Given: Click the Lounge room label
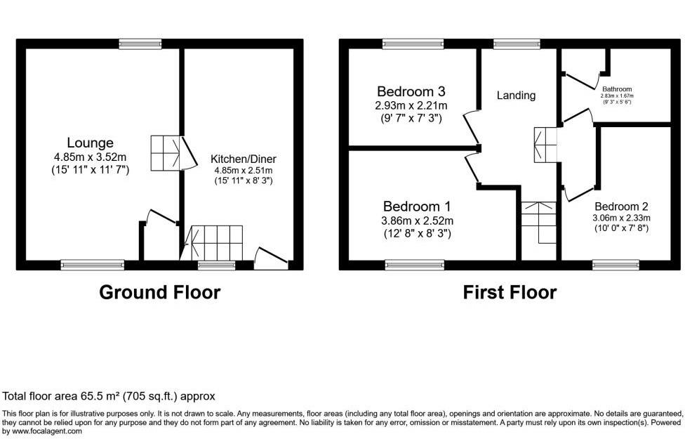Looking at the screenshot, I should [x=90, y=143].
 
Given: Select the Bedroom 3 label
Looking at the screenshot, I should [x=411, y=92].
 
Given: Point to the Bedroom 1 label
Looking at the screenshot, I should [x=417, y=207].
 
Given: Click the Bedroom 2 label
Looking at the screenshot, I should [x=621, y=207].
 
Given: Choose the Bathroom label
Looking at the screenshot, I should [x=618, y=89].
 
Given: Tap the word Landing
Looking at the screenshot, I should [x=516, y=96].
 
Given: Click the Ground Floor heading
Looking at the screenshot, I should [x=159, y=292].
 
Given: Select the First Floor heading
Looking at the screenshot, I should [x=510, y=292].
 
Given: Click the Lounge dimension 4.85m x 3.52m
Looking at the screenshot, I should [x=90, y=157].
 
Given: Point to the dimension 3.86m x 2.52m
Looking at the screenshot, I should [x=417, y=221].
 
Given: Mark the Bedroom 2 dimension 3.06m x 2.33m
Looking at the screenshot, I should [x=621, y=218].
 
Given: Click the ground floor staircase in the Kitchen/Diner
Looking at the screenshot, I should [x=216, y=242].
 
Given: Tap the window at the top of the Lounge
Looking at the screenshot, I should [x=140, y=44].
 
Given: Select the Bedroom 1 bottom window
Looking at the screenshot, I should [x=414, y=265].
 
